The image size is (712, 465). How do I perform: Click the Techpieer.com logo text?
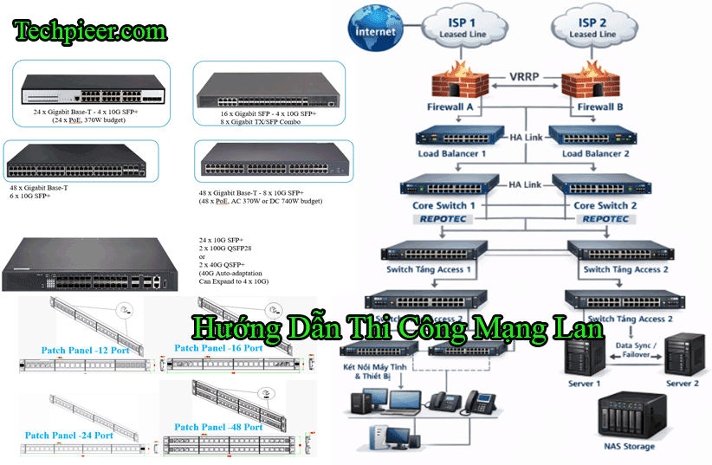coord(89,32)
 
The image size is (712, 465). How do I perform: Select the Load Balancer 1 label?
coord(451,153)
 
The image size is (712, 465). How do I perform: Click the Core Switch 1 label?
coord(444,206)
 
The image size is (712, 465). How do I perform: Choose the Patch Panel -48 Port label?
coord(218,427)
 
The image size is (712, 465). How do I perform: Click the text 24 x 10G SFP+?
coord(221,240)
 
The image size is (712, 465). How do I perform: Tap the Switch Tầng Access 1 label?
coord(430,269)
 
